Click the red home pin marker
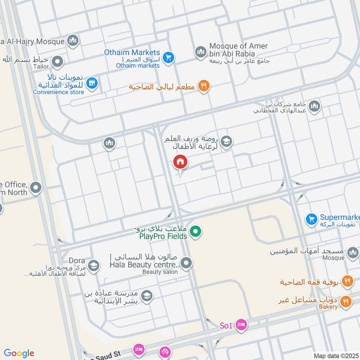[x=180, y=162]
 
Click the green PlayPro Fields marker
[x=195, y=232]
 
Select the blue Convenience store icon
[x=92, y=82]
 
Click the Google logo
[x=19, y=353]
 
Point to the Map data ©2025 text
[x=335, y=355]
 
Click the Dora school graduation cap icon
[x=94, y=265]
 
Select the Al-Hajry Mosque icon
[x=73, y=41]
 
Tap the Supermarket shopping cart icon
[x=311, y=219]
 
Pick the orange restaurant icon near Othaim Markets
[x=204, y=86]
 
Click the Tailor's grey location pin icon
[x=57, y=61]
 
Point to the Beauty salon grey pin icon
[x=187, y=264]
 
